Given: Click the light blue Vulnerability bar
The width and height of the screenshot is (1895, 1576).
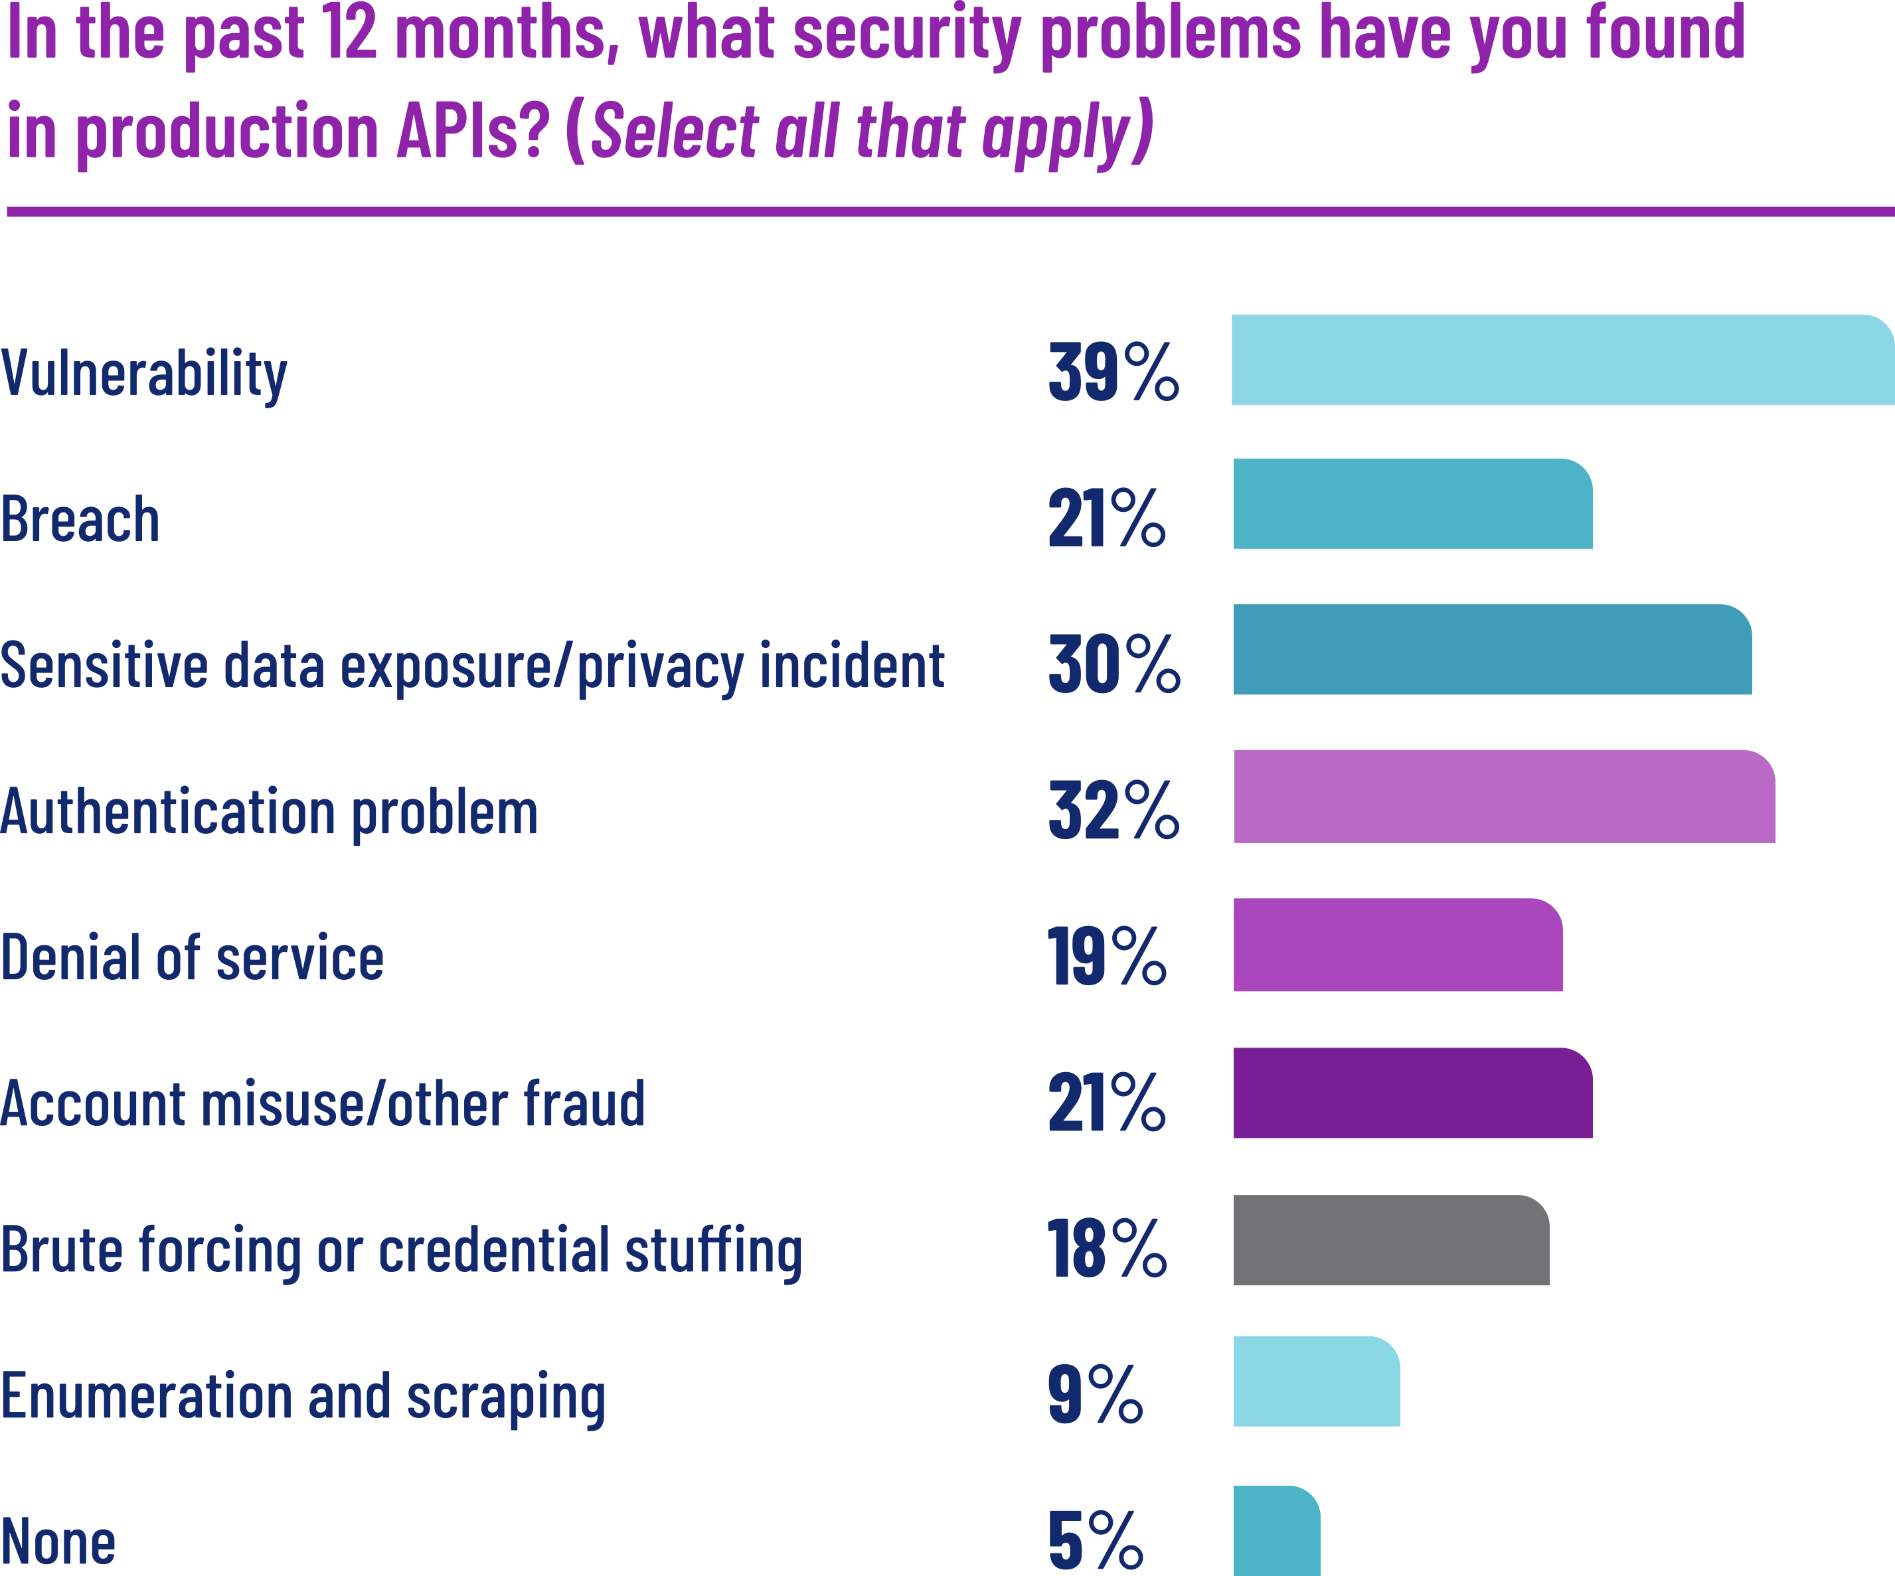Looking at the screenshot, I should [1561, 359].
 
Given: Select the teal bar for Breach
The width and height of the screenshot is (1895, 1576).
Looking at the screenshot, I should [1412, 503].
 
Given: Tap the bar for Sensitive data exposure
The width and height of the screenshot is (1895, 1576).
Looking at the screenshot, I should [1492, 649].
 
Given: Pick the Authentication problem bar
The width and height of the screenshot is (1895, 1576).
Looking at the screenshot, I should [1503, 796].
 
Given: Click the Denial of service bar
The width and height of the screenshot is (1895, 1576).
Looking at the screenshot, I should [1398, 945].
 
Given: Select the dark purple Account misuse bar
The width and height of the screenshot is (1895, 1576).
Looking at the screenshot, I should [1412, 1093].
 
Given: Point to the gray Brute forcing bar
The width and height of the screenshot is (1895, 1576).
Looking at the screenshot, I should [1390, 1240].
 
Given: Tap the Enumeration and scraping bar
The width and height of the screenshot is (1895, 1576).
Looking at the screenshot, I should [1315, 1381].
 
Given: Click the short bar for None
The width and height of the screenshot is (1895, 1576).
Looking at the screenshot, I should [1276, 1531].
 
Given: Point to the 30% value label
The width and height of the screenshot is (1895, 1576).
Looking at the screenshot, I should [1113, 664].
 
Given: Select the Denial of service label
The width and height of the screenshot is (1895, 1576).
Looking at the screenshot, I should [192, 958].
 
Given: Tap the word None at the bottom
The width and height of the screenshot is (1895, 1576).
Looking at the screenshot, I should [58, 1541].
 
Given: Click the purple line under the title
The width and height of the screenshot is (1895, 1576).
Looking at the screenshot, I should [947, 212].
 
